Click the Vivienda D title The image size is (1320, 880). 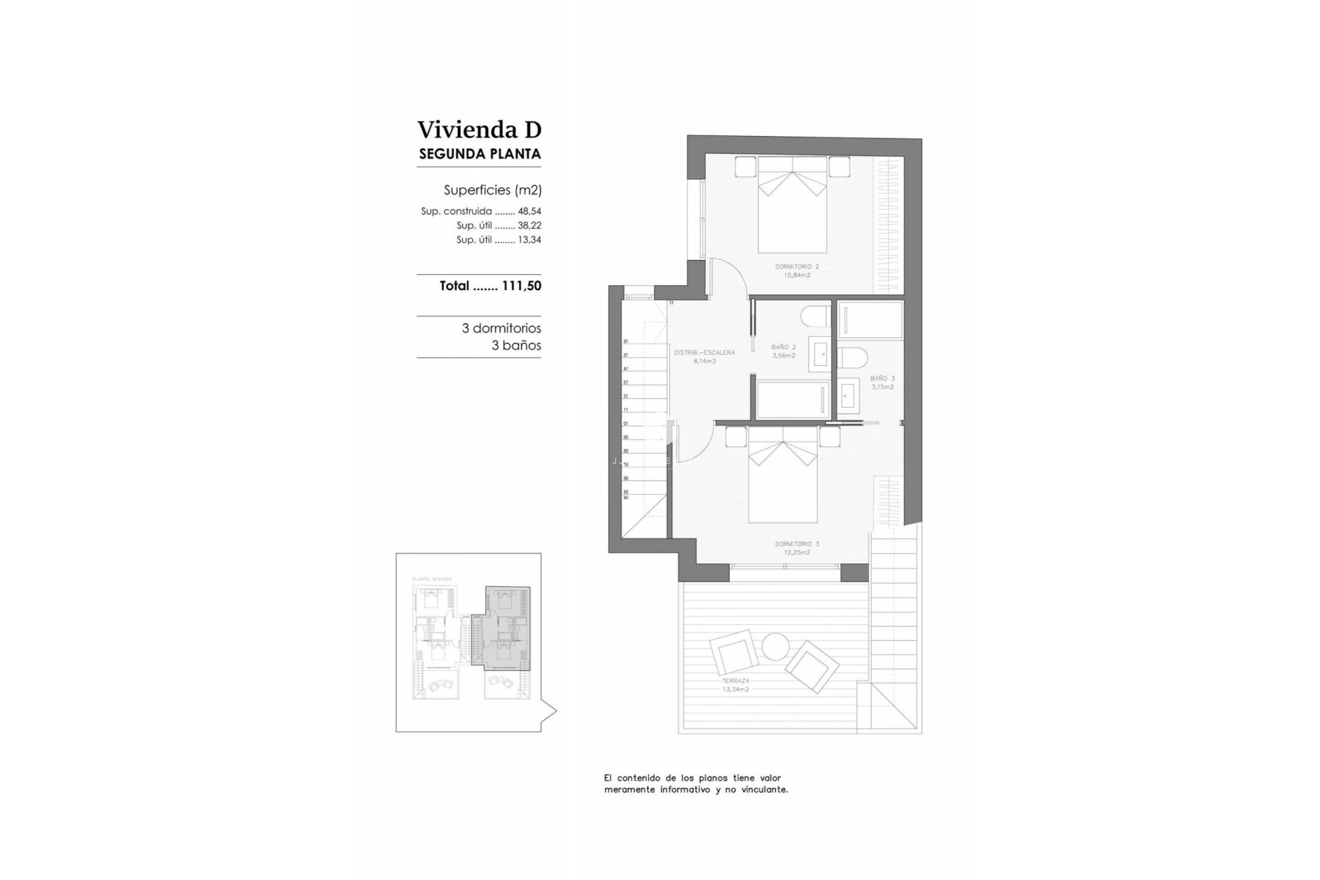click(x=479, y=130)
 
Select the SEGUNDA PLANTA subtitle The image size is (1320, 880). click(x=479, y=154)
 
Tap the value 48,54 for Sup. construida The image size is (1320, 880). click(x=529, y=212)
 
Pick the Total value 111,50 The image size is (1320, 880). click(x=521, y=286)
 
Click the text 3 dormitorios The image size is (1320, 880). click(x=501, y=329)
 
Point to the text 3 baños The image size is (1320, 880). click(x=516, y=346)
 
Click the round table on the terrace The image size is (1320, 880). click(x=775, y=646)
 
